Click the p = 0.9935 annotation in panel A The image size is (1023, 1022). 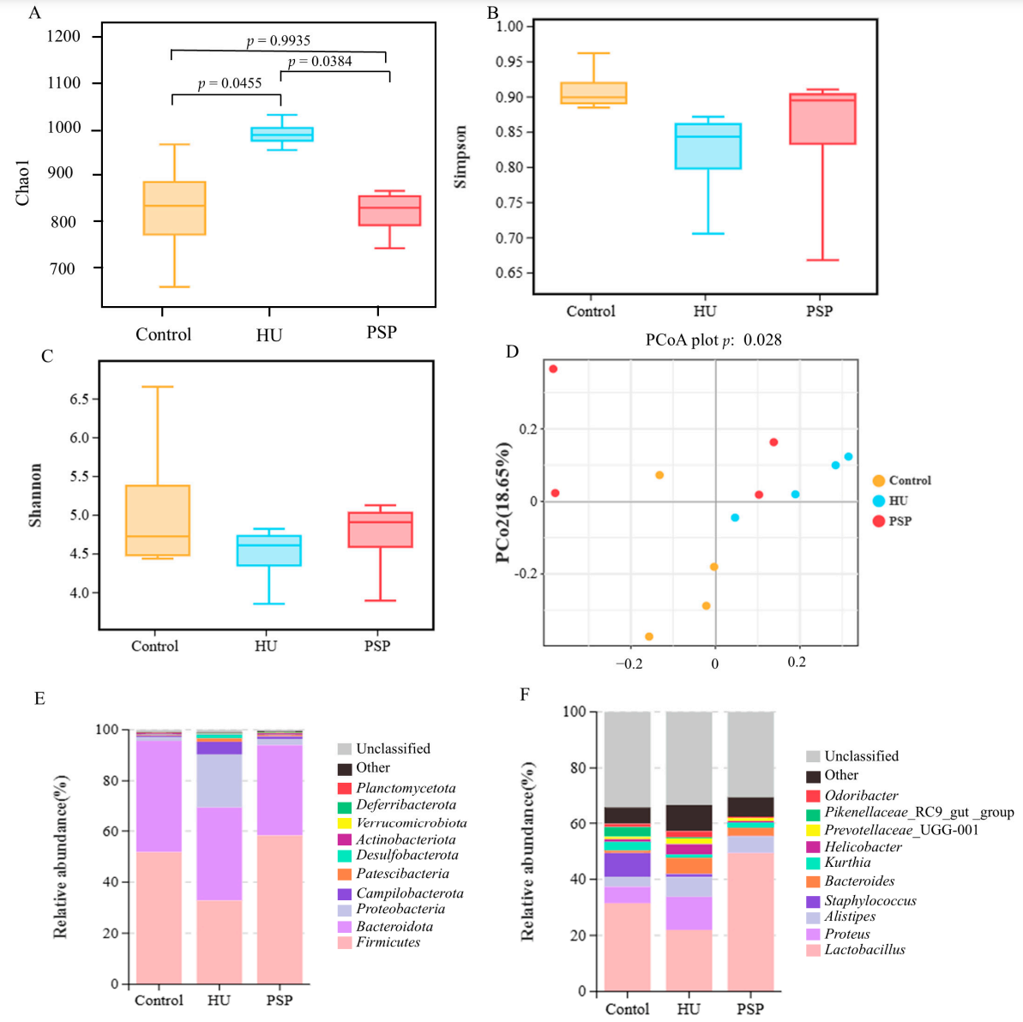click(279, 40)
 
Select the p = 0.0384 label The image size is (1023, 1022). click(320, 62)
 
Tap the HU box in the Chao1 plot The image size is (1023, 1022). click(269, 135)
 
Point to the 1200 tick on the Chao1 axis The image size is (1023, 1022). click(64, 36)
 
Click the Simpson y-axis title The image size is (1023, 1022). click(460, 157)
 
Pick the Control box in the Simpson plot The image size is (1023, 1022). click(593, 93)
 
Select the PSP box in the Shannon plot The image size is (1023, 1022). click(380, 529)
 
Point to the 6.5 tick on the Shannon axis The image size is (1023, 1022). click(79, 399)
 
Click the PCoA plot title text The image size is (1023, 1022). click(713, 340)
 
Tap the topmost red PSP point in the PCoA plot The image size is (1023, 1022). click(553, 369)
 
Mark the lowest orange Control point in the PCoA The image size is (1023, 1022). click(649, 636)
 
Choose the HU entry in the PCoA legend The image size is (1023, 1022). click(897, 501)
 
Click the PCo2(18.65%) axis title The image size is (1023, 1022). click(503, 502)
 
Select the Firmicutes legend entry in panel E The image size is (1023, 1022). click(388, 942)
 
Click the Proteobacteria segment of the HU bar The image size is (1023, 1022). click(219, 781)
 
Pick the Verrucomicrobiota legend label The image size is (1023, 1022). click(411, 822)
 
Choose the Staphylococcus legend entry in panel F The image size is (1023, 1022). click(870, 901)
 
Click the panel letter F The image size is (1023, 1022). click(525, 694)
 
